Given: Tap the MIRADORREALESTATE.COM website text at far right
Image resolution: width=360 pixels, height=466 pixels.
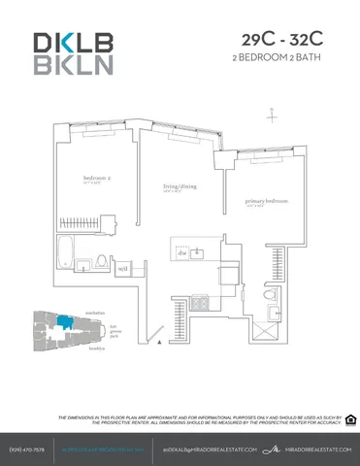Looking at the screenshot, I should coord(312,449).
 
